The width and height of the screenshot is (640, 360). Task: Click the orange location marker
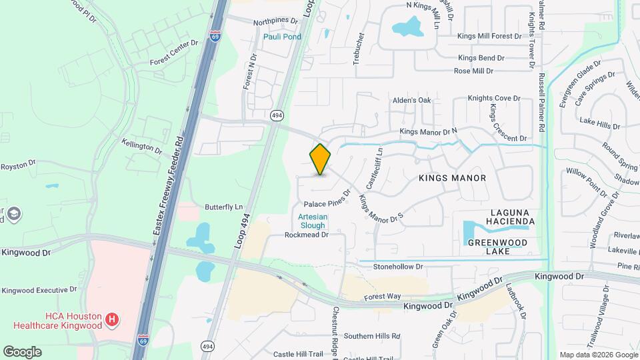(x=321, y=159)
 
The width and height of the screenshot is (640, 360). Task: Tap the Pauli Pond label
(x=282, y=37)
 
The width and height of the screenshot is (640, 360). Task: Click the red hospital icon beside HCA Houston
(x=113, y=320)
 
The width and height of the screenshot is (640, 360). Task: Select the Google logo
(x=22, y=351)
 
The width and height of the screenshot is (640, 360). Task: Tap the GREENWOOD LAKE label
(x=497, y=247)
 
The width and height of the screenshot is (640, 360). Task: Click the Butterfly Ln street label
(x=223, y=207)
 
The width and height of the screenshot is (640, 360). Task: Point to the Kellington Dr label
(x=141, y=145)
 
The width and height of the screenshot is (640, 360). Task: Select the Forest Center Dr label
(x=174, y=53)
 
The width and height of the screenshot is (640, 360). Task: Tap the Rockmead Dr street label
(x=307, y=235)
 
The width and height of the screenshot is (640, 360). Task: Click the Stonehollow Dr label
(x=398, y=266)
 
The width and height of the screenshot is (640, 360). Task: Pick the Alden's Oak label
(x=412, y=101)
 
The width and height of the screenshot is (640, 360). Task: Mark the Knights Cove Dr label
(x=493, y=98)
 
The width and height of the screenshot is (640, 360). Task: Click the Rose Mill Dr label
(x=473, y=71)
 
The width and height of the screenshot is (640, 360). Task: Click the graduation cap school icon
(x=14, y=214)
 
